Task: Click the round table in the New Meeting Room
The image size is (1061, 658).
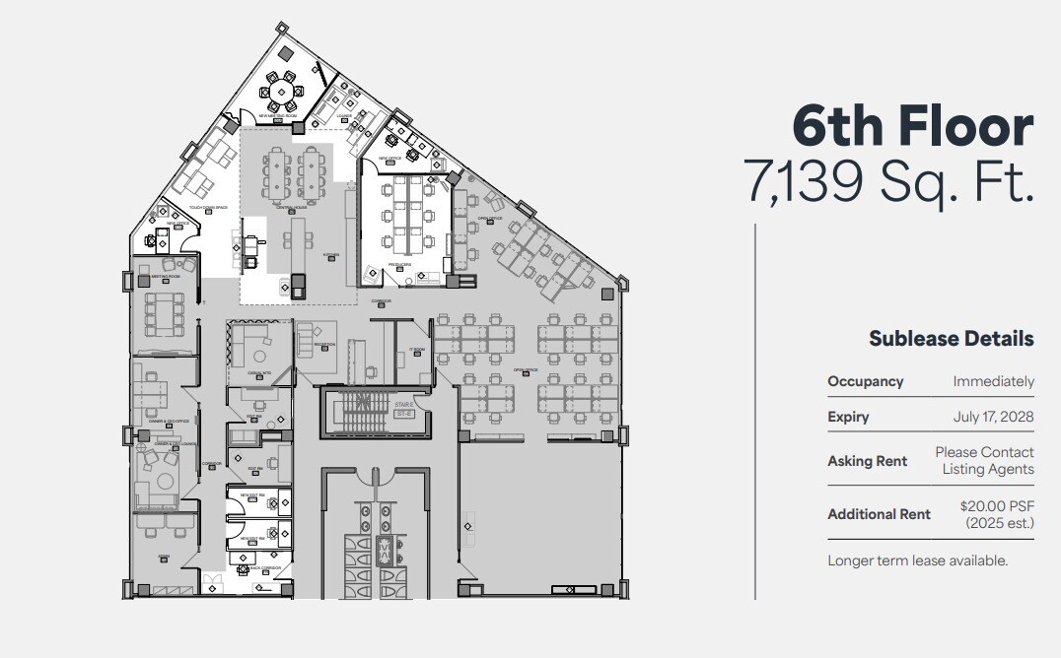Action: [282, 92]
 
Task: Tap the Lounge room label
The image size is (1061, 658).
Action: [345, 114]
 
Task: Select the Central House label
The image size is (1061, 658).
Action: [292, 207]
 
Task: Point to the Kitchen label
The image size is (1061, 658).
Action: [331, 254]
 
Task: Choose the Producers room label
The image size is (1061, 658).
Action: [398, 264]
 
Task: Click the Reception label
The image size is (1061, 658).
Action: [324, 344]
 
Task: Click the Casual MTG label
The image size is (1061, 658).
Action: [259, 372]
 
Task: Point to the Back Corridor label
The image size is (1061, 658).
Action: [266, 567]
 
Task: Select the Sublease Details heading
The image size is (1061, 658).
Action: [951, 339]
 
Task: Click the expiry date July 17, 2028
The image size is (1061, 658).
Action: [993, 417]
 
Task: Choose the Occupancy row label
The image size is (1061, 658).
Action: [865, 381]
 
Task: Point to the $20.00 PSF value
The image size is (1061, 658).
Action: [997, 506]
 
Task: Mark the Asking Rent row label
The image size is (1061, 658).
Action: [867, 461]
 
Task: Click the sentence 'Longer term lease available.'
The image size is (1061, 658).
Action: [917, 560]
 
